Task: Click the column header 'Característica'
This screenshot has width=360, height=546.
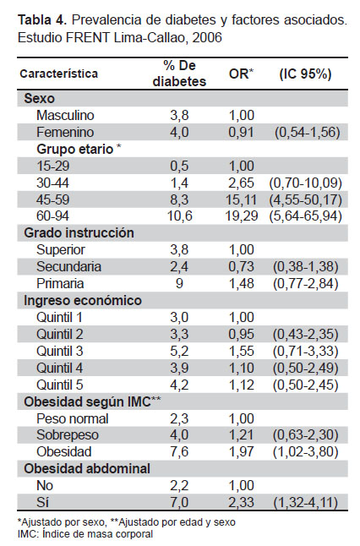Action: pyautogui.click(x=59, y=74)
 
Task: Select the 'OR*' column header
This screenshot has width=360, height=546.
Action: pyautogui.click(x=242, y=74)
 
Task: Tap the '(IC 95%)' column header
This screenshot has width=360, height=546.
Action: pyautogui.click(x=305, y=74)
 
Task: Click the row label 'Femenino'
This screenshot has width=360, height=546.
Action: pyautogui.click(x=65, y=133)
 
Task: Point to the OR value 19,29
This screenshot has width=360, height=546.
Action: pyautogui.click(x=242, y=216)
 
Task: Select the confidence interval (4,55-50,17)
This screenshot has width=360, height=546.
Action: pyautogui.click(x=305, y=199)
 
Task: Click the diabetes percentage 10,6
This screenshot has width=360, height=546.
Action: pyautogui.click(x=180, y=216)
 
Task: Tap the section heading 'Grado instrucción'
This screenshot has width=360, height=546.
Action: pyautogui.click(x=79, y=233)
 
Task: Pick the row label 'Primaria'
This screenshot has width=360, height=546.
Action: pyautogui.click(x=60, y=283)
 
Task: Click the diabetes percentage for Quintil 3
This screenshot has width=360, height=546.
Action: pyautogui.click(x=179, y=351)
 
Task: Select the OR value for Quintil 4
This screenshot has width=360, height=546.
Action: pyautogui.click(x=242, y=368)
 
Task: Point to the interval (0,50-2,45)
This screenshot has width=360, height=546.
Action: pyautogui.click(x=306, y=385)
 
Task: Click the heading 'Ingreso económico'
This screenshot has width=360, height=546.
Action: pyautogui.click(x=83, y=301)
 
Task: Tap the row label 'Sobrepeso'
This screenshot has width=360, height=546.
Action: pyautogui.click(x=68, y=435)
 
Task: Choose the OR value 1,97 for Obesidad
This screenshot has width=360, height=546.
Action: pyautogui.click(x=242, y=452)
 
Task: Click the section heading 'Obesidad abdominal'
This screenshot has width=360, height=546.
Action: pyautogui.click(x=87, y=469)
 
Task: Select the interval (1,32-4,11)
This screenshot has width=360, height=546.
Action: pyautogui.click(x=306, y=503)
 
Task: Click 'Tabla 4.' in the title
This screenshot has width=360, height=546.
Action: pyautogui.click(x=41, y=20)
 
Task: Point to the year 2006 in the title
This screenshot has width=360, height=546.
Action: pyautogui.click(x=207, y=37)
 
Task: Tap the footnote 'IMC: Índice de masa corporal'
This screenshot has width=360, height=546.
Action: pyautogui.click(x=85, y=534)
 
